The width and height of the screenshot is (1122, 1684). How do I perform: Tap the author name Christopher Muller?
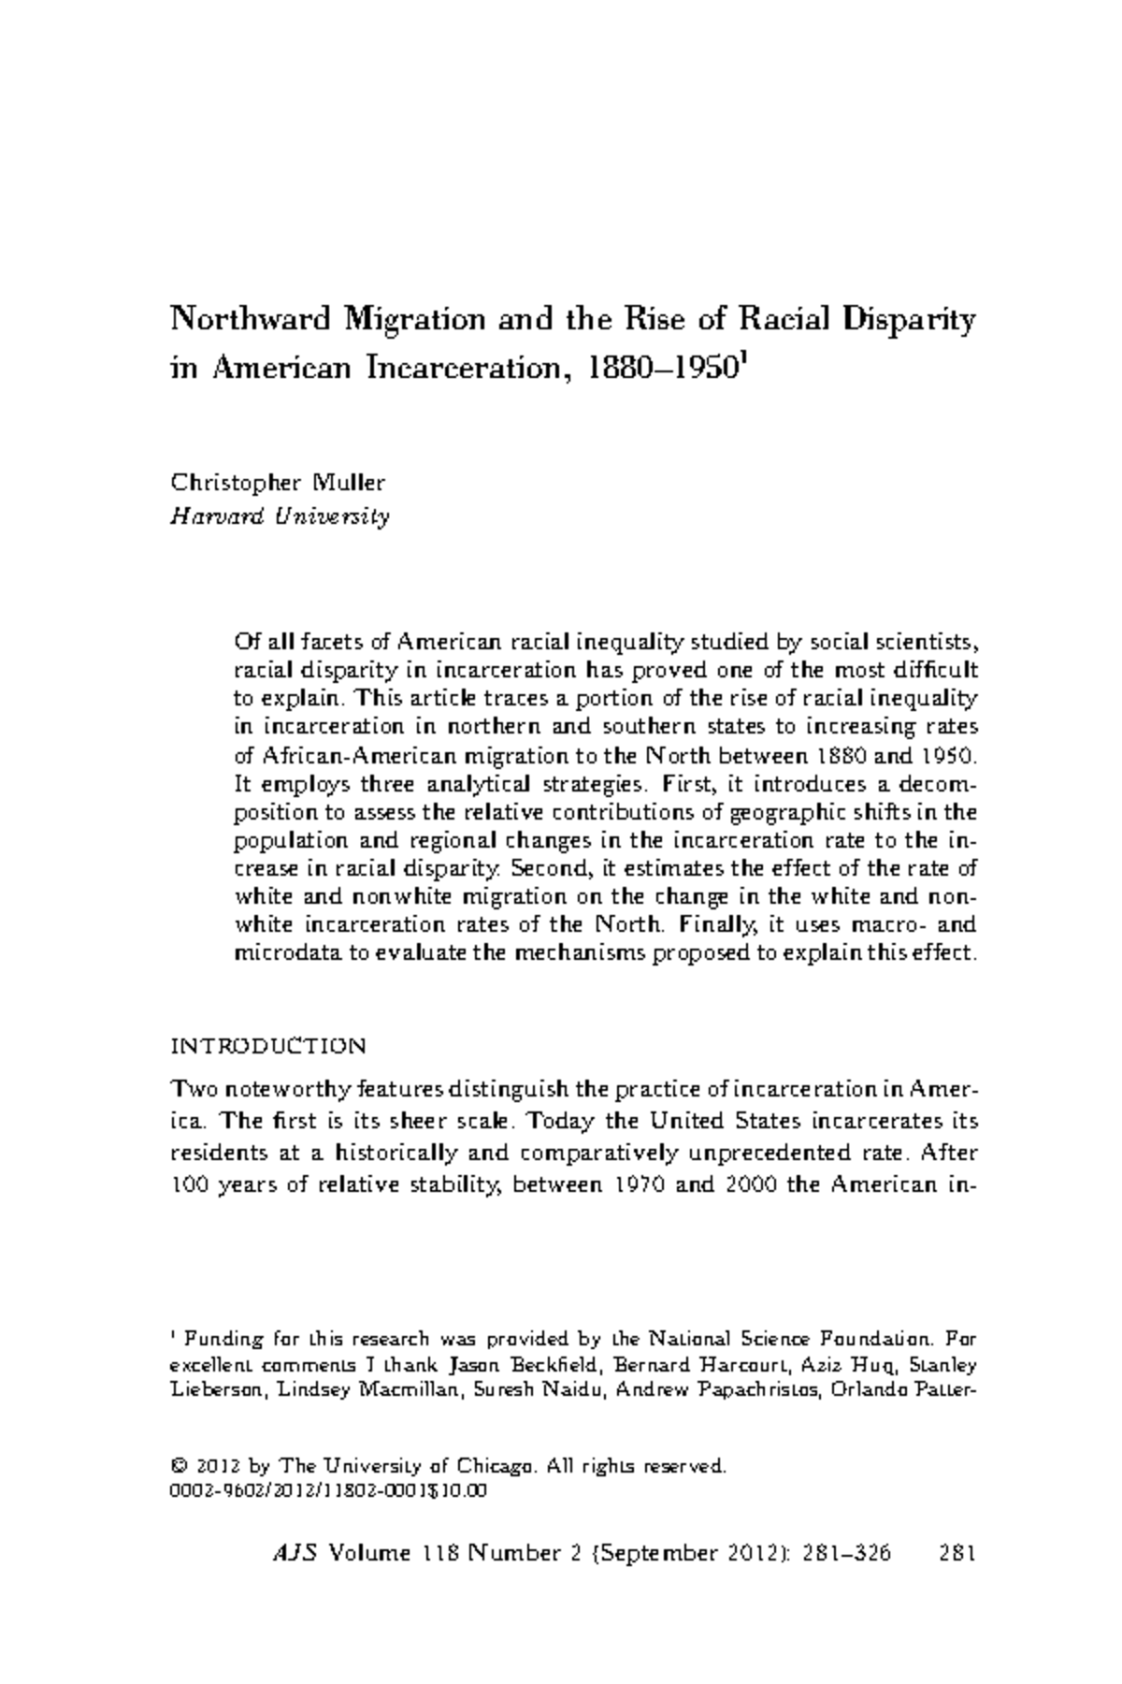point(277,483)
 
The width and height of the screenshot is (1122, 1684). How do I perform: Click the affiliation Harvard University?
point(279,516)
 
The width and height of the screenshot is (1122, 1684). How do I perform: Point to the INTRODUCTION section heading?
point(267,1045)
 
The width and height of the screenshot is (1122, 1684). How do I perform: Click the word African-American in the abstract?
point(351,754)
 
